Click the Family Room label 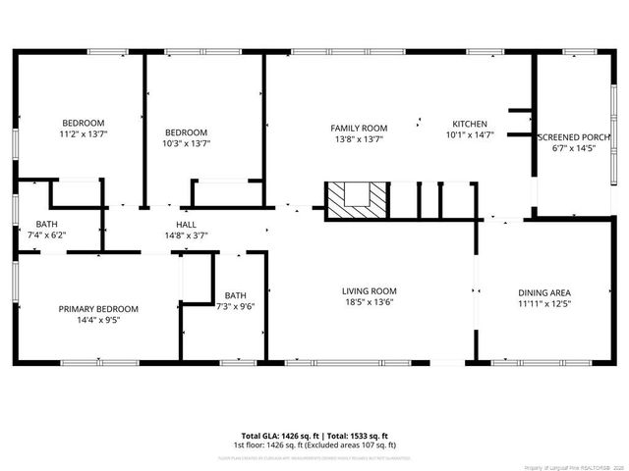[x=358, y=128]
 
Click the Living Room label [x=369, y=290]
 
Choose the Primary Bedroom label [x=97, y=309]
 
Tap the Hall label [x=186, y=224]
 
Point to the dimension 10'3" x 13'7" [x=186, y=143]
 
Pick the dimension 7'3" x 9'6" [x=235, y=306]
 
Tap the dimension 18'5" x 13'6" [x=369, y=302]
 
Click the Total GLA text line [x=314, y=436]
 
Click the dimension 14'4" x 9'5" [x=97, y=320]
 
